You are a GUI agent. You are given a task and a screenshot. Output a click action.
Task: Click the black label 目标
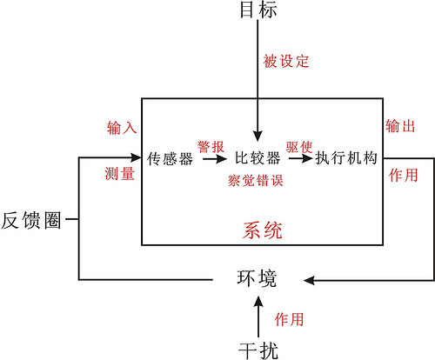click(x=258, y=10)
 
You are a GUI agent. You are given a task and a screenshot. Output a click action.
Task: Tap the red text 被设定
click(x=286, y=61)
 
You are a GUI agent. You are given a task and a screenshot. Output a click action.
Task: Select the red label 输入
click(x=122, y=128)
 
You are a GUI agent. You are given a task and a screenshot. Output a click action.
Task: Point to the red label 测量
click(x=120, y=174)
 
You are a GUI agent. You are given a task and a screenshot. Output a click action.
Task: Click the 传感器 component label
click(x=170, y=159)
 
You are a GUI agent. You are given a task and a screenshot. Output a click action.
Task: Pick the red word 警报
click(x=211, y=147)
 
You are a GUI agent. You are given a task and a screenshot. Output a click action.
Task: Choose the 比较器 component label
click(x=258, y=158)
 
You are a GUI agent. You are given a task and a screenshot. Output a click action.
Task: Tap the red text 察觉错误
click(x=255, y=181)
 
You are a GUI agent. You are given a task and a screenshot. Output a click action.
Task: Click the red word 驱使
click(x=299, y=147)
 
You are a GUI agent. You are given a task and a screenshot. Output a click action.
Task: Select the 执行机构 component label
click(x=346, y=158)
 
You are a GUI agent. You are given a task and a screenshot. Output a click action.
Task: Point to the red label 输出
click(x=400, y=126)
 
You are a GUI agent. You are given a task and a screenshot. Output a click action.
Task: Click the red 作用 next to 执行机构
click(x=403, y=176)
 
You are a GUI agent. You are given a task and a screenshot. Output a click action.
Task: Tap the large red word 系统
click(x=263, y=230)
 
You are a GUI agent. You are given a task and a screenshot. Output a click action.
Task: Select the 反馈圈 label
click(x=31, y=220)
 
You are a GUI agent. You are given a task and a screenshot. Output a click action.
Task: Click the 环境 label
click(x=257, y=278)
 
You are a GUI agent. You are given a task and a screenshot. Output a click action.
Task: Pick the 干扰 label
click(x=258, y=350)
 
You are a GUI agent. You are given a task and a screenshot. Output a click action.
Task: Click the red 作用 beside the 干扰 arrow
click(x=289, y=319)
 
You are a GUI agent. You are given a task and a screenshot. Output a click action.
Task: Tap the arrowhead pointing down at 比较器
click(x=258, y=136)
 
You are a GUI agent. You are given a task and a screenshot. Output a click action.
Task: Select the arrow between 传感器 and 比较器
click(x=215, y=159)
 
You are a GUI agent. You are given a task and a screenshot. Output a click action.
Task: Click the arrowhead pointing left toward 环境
click(x=310, y=280)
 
